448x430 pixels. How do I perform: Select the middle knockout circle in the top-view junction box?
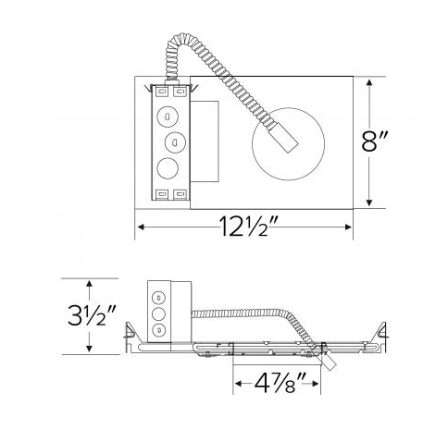[172, 143]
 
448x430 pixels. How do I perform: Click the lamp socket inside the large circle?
[286, 140]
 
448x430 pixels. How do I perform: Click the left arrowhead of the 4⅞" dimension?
[237, 380]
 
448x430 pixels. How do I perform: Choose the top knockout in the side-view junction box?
[158, 298]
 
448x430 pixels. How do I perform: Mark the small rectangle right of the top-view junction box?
[205, 143]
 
